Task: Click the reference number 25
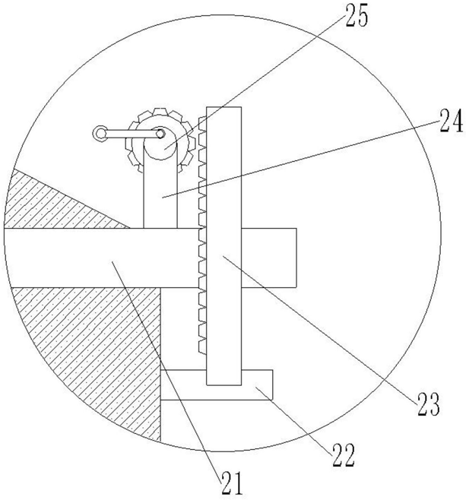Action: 357,16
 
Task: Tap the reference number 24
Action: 452,121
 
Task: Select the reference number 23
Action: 428,404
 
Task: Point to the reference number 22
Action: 343,456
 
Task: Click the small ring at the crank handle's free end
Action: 100,134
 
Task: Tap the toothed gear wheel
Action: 160,141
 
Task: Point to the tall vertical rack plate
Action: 224,246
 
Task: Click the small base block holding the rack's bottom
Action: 217,385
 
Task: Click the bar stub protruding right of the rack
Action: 269,258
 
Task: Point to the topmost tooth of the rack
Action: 202,121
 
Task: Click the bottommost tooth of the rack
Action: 202,347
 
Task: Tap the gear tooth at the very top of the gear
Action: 160,112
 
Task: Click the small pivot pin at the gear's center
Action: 160,134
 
